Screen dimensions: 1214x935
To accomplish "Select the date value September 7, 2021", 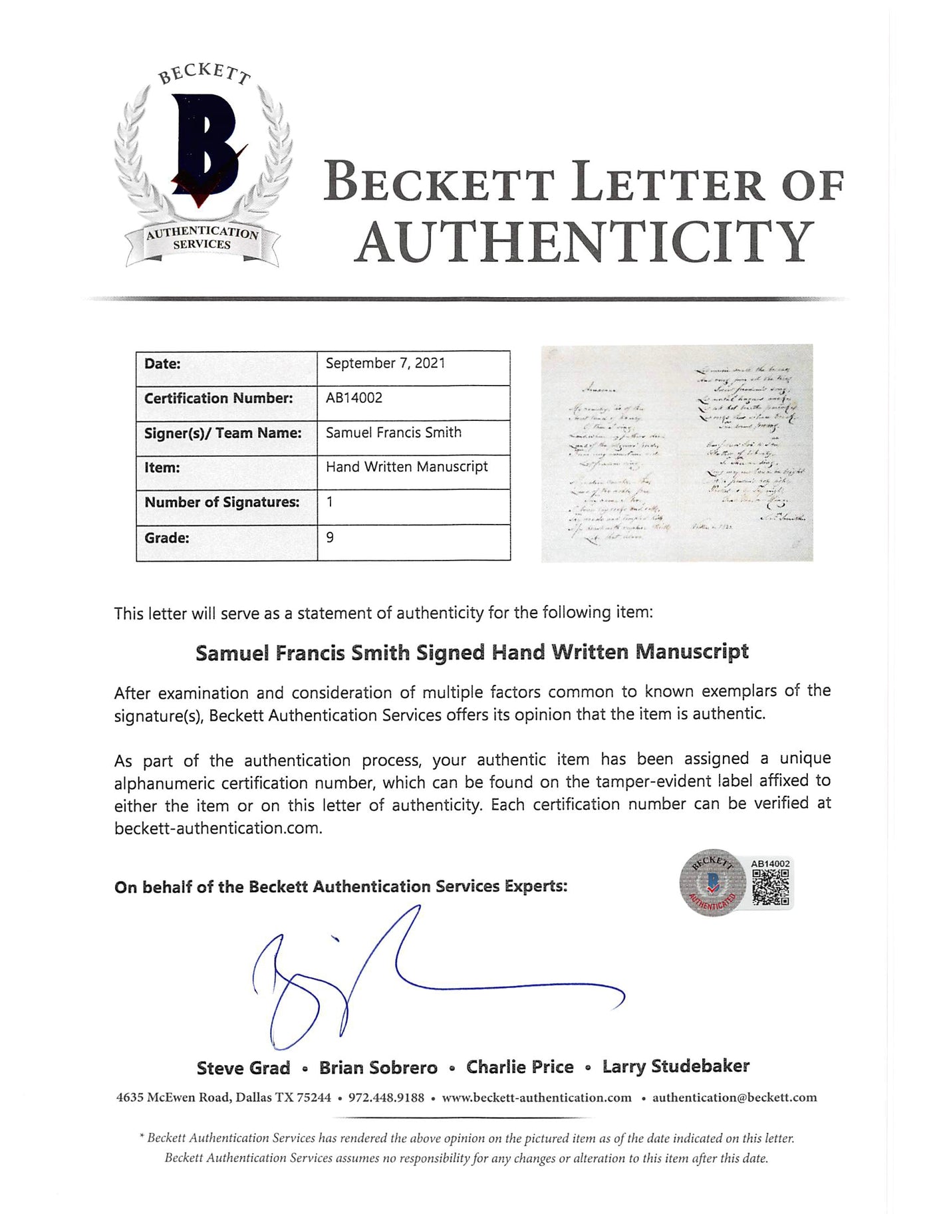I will [385, 364].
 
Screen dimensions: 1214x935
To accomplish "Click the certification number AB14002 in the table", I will [354, 398].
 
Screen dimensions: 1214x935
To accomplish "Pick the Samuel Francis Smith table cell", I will [393, 433].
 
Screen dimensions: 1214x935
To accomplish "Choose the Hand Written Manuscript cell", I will [406, 467].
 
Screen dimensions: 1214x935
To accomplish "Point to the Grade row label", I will [166, 538].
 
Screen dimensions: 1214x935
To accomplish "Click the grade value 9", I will [330, 537].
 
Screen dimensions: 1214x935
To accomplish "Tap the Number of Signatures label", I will [221, 503].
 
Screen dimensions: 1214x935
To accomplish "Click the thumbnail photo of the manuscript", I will [676, 453].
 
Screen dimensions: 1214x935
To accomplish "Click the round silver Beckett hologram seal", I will [713, 883].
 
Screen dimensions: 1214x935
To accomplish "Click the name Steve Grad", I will [243, 1068].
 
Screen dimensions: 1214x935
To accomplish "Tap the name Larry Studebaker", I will [676, 1066].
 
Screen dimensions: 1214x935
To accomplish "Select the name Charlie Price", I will [519, 1067].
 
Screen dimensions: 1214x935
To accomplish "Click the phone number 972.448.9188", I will [386, 1098].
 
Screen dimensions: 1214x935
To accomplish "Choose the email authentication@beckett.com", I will [734, 1098].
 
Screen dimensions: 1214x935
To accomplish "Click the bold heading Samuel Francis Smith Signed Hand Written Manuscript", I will [471, 652].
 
